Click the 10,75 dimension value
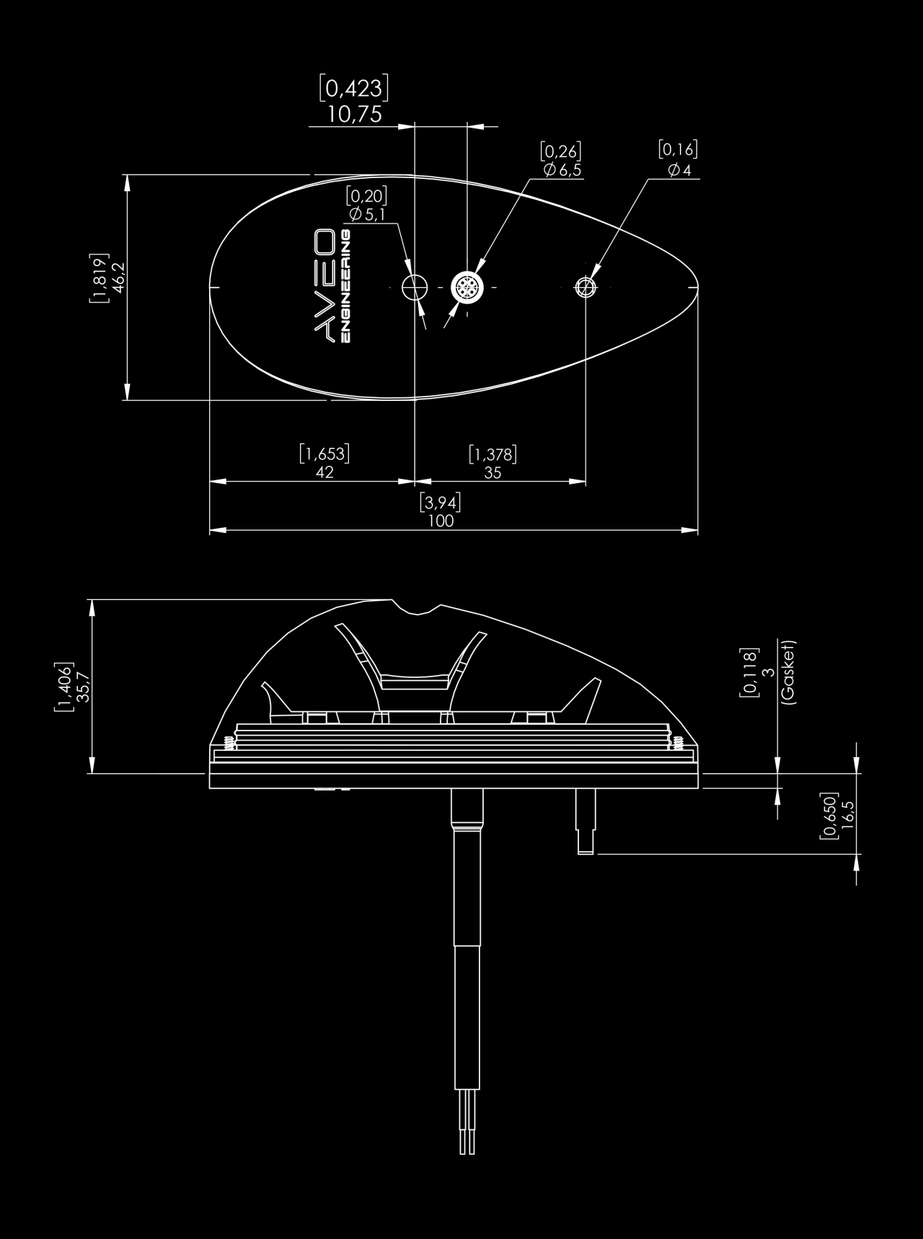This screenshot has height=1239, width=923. [x=355, y=114]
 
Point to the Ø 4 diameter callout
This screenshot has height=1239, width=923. [x=679, y=170]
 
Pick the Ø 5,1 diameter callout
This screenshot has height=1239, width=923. [x=367, y=214]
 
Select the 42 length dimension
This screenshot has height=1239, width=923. [x=325, y=473]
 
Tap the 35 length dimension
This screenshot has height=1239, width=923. [x=493, y=473]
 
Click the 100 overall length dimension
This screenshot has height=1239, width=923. [x=441, y=521]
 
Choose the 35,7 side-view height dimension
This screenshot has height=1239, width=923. [x=84, y=687]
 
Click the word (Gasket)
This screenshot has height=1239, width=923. [x=787, y=672]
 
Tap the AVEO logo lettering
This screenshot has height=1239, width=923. [x=322, y=284]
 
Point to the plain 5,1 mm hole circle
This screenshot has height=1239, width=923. [x=414, y=287]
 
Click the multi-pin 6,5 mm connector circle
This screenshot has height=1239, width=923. [x=467, y=288]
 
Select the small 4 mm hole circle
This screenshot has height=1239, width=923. [x=586, y=288]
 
